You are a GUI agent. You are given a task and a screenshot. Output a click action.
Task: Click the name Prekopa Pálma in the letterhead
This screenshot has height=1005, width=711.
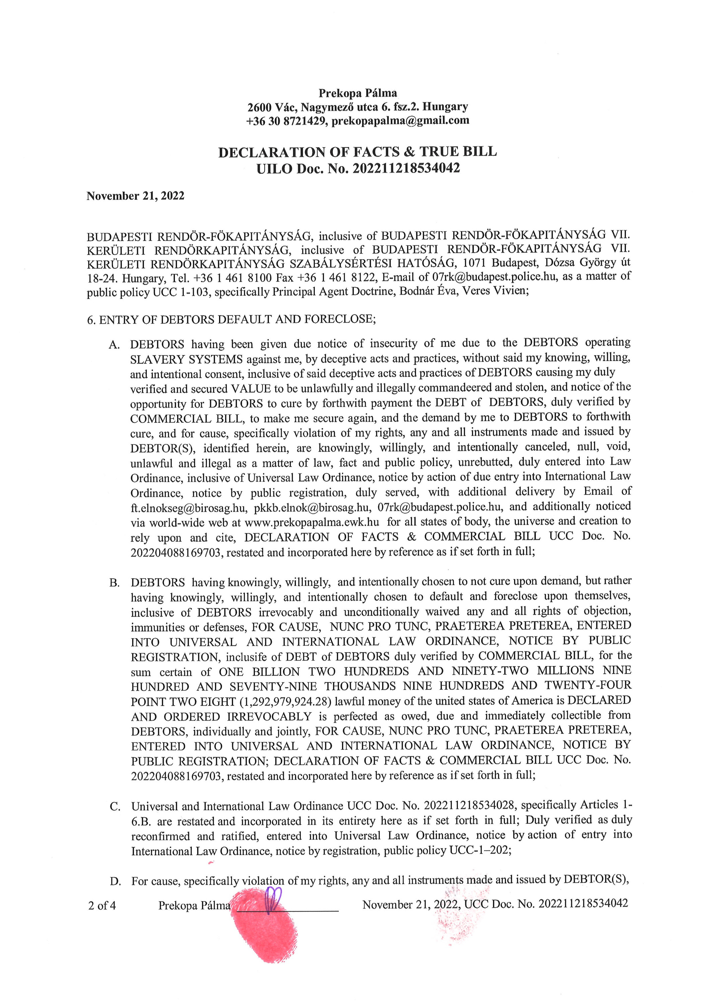pos(358,93)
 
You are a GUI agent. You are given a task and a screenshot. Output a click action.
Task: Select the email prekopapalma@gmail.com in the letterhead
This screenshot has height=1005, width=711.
pos(400,121)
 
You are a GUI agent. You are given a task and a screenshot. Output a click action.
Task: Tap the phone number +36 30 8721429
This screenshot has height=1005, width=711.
pos(286,121)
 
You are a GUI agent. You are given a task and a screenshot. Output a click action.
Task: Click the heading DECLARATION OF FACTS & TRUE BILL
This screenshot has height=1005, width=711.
pos(357,152)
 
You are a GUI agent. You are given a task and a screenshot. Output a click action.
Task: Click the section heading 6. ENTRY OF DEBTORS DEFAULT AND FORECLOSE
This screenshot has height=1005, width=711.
pos(231,319)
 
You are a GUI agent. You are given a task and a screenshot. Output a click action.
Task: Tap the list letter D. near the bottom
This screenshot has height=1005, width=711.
pos(115,881)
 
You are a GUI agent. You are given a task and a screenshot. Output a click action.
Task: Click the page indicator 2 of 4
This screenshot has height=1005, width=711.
pos(102,905)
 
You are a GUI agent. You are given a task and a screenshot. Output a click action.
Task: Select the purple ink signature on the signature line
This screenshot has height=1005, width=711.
pos(273,899)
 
